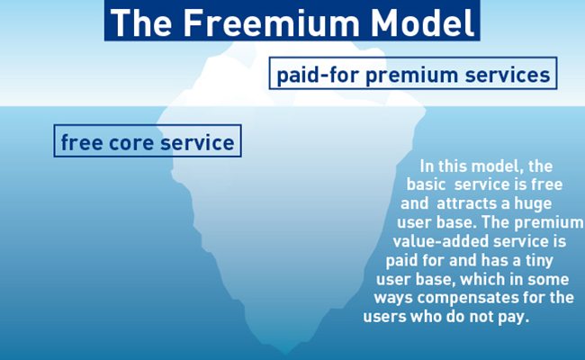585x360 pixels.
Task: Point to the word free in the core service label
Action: [x=82, y=142]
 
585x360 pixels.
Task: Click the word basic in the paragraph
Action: [x=426, y=184]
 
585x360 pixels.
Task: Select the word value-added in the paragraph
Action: [x=441, y=241]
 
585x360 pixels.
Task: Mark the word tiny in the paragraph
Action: [x=539, y=260]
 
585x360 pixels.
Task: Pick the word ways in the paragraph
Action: [x=393, y=299]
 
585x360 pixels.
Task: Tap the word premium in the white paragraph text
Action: [x=551, y=222]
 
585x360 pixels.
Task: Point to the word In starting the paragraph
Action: [x=427, y=166]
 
